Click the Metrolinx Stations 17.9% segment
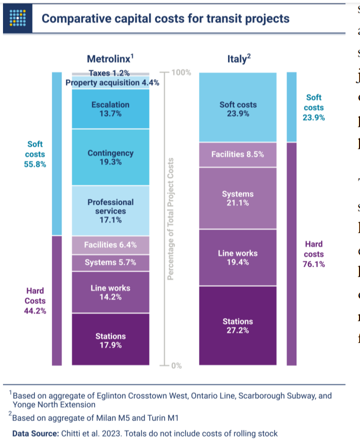pos(110,340)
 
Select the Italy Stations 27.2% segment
pos(237,325)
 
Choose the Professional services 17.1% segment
pos(110,211)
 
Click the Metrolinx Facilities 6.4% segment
pos(110,245)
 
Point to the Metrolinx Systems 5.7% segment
pos(110,263)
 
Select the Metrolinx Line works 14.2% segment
pos(110,292)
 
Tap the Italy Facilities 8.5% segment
pos(237,140)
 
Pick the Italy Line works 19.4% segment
pos(237,258)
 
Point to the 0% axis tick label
pos(177,366)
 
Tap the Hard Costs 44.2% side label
pos(35,301)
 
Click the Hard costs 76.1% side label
pos(314,254)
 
